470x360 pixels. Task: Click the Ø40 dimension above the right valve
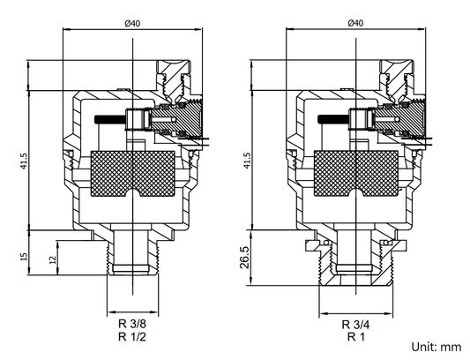point(355,22)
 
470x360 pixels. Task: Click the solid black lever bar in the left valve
point(112,118)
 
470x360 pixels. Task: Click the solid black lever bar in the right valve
point(337,118)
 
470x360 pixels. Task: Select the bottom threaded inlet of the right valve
point(355,265)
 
